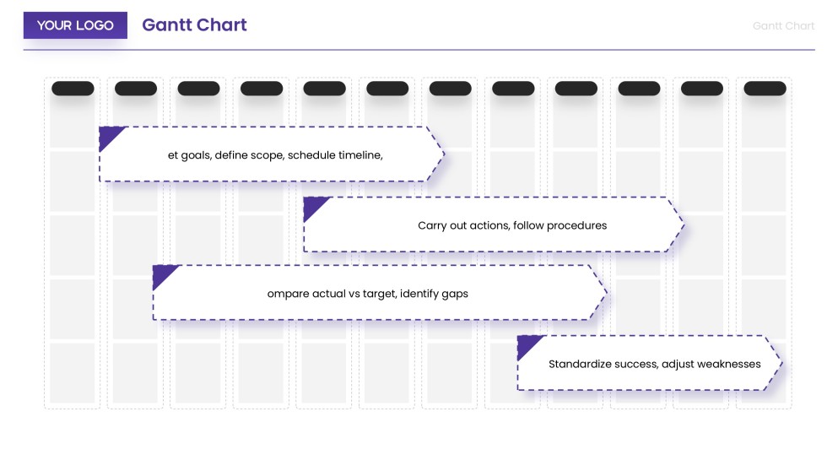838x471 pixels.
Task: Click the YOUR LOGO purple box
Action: click(75, 25)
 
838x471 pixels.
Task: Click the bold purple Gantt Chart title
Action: click(194, 25)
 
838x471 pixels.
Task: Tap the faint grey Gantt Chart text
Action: click(783, 26)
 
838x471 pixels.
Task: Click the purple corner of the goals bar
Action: click(108, 135)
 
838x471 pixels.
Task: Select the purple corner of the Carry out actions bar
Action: click(312, 205)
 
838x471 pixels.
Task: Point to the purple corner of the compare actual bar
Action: click(162, 273)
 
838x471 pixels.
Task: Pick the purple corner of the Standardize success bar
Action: click(527, 344)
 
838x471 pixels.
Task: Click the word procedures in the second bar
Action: click(577, 225)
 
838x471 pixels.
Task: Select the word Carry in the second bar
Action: click(431, 225)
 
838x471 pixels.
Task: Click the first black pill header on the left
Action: click(73, 89)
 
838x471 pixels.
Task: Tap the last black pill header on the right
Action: click(765, 89)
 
